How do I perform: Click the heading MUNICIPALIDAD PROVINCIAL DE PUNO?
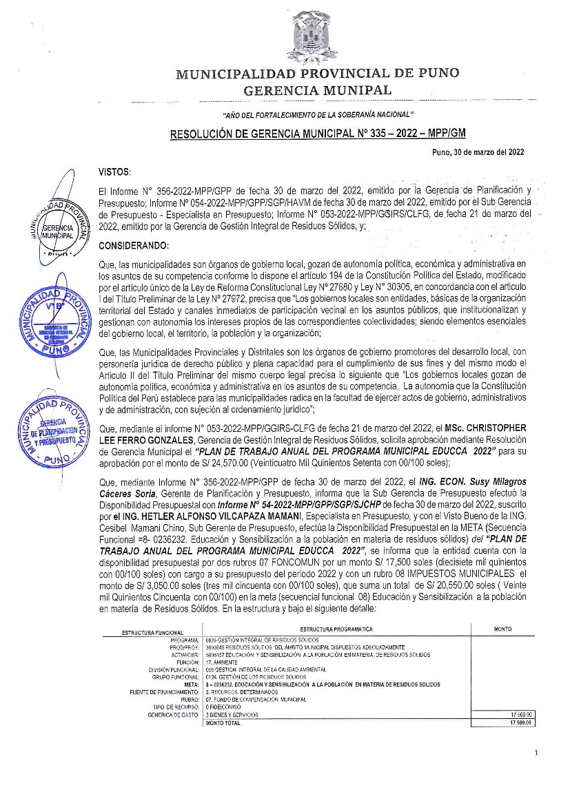[317, 74]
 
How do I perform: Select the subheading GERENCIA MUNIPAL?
[318, 90]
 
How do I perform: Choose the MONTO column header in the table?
[503, 629]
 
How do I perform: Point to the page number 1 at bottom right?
[535, 753]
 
